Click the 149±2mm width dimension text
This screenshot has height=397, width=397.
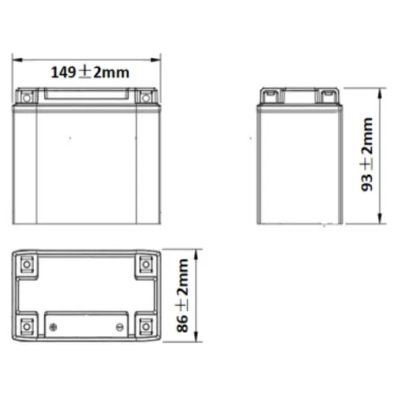coord(89,73)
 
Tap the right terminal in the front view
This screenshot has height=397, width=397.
coord(144,97)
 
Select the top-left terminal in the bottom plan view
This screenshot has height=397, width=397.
coord(27,264)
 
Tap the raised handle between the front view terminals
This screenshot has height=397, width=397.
coord(86,94)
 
